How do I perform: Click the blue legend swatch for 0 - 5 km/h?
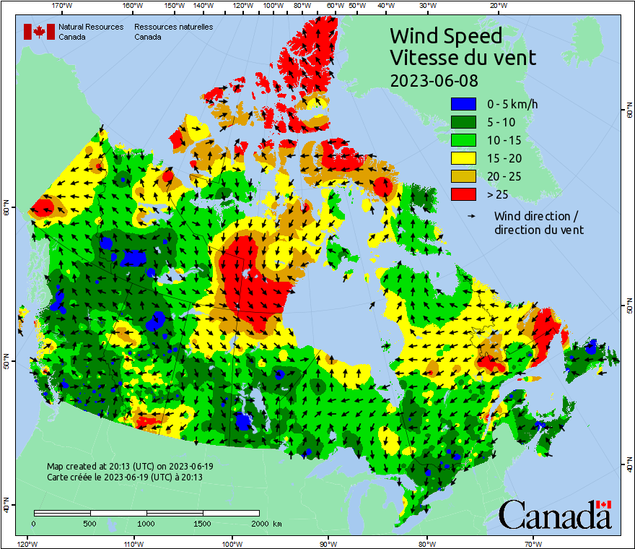click(464, 104)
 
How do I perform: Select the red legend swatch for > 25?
click(464, 194)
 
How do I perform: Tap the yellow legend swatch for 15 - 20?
click(464, 158)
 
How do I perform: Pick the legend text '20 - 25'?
click(504, 176)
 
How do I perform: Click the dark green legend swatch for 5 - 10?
click(464, 122)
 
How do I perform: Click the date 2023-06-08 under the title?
click(434, 80)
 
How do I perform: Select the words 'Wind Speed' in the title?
click(445, 35)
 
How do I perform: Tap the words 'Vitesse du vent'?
click(463, 57)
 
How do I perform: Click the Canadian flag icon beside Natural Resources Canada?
click(39, 31)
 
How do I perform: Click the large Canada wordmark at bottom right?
click(554, 516)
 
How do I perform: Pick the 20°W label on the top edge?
click(497, 6)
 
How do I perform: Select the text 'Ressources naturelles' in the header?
click(173, 27)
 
